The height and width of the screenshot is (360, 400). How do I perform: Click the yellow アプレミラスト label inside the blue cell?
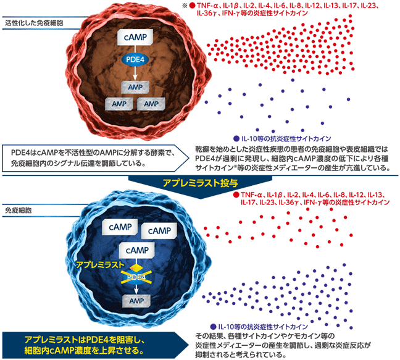pos(94,263)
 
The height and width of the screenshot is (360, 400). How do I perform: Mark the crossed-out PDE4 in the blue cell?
pos(135,276)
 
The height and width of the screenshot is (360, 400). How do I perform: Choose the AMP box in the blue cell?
pos(135,300)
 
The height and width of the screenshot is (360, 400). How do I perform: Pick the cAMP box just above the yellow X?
pos(135,250)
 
